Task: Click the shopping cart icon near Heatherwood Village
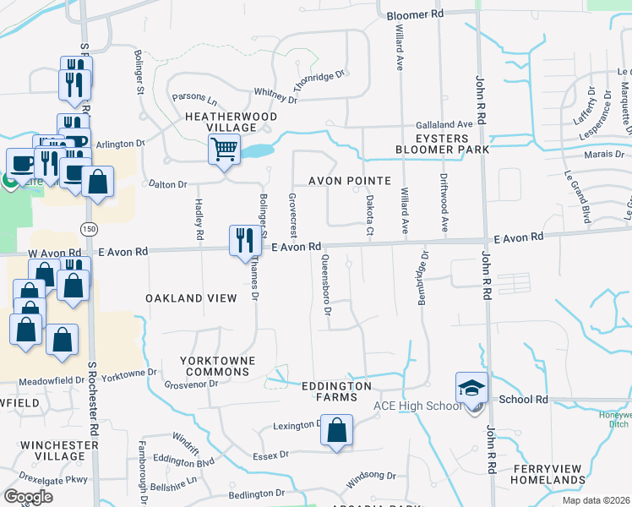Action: pos(224,150)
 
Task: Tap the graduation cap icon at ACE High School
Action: pos(471,387)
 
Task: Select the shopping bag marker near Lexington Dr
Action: pos(336,430)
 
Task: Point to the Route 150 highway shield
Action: pos(88,230)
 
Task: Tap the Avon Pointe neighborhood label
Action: pos(349,181)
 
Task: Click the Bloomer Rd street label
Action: pos(415,15)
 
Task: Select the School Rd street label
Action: pos(524,400)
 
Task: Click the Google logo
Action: pos(29,497)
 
